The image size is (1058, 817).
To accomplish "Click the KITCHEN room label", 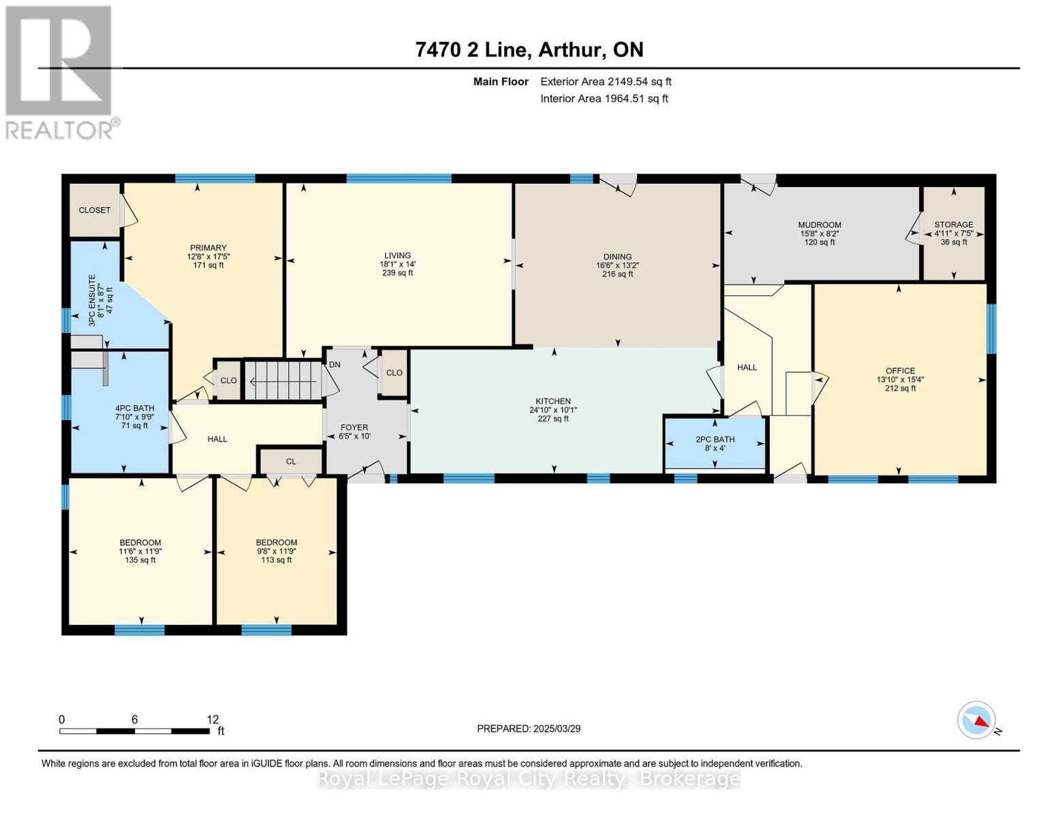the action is point(553,401).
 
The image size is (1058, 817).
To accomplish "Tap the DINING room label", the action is point(617,257).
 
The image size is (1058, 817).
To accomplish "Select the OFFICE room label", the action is point(900,371).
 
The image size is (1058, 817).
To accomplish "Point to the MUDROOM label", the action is point(820,225).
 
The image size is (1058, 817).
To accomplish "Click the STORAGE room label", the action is point(953,224).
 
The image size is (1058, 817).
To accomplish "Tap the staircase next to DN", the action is point(283,380).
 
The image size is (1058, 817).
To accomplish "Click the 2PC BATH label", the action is point(715,439).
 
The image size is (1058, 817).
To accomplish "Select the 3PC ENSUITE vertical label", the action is point(92,300).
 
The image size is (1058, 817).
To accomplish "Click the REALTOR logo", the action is point(61,73).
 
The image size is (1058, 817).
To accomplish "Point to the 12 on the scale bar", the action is point(213,719).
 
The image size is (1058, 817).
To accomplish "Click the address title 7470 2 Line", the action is point(471,50).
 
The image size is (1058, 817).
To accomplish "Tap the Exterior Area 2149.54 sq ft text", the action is point(606,82).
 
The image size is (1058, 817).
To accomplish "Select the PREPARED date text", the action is point(529,728).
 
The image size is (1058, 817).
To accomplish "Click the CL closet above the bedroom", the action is point(291,462).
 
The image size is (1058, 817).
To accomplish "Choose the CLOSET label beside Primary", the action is point(95,210).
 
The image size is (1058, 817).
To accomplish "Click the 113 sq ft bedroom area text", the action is point(276,560).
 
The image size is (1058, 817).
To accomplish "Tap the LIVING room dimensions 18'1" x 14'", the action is point(397,264).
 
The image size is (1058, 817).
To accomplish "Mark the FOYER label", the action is point(354,428).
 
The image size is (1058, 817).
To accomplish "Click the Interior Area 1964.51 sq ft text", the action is point(604,99).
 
